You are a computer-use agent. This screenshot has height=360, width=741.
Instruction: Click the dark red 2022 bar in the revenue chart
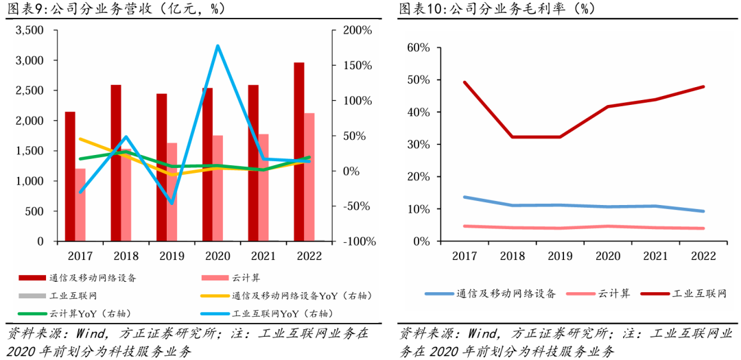click(298, 152)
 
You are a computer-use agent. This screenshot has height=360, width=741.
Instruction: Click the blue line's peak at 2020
click(217, 46)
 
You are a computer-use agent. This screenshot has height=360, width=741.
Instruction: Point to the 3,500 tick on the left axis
click(30, 30)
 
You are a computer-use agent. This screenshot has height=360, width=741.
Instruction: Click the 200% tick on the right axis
click(357, 30)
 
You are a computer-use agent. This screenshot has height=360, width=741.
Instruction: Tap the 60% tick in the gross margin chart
click(418, 48)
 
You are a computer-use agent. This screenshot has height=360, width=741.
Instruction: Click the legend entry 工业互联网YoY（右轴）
click(264, 313)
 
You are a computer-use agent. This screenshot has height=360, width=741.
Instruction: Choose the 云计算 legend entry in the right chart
click(597, 293)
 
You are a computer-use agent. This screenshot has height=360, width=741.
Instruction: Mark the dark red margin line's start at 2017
click(464, 82)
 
